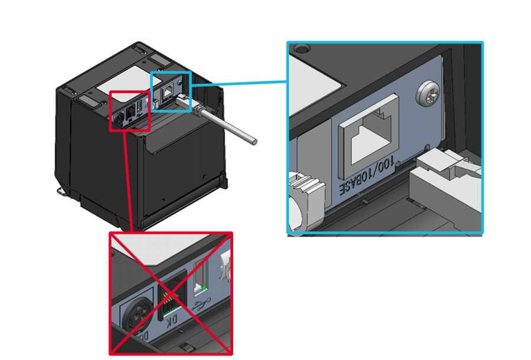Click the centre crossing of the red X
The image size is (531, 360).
point(171,293)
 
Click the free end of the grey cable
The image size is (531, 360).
point(253,142)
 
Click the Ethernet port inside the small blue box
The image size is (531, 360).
point(169,90)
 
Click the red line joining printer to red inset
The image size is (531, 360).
point(127,177)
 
